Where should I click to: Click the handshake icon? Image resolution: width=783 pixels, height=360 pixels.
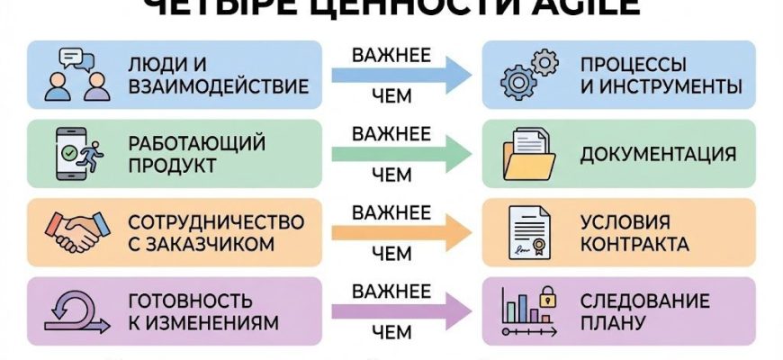click(x=79, y=233)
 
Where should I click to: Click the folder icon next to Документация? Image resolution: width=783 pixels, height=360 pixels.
click(x=527, y=154)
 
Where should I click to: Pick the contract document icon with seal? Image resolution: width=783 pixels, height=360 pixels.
click(x=527, y=233)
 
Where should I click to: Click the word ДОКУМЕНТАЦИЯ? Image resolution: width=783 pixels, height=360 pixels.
click(x=658, y=154)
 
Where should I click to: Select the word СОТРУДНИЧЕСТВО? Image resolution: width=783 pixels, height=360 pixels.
click(x=216, y=221)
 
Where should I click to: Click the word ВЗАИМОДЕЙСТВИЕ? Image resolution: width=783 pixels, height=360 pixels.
click(x=219, y=87)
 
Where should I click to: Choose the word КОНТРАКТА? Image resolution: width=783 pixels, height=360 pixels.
click(x=634, y=245)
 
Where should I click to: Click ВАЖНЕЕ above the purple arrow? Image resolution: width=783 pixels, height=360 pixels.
click(x=391, y=291)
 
